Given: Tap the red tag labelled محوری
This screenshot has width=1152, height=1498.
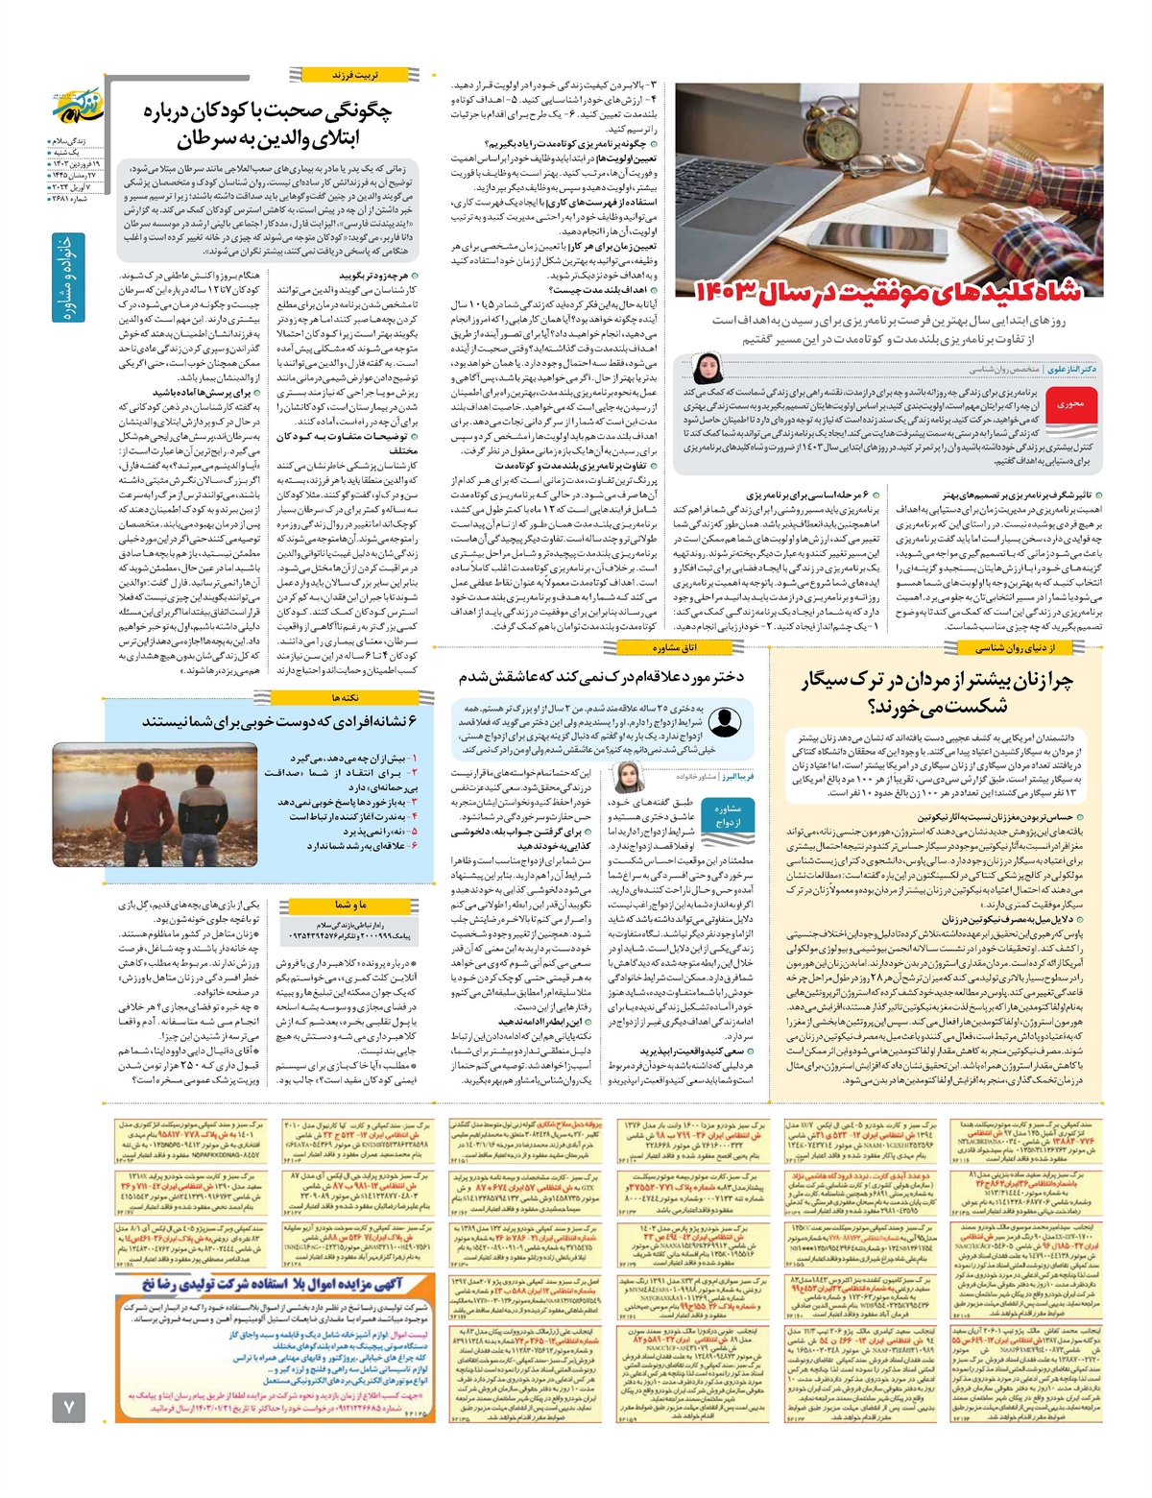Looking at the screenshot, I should [1068, 405].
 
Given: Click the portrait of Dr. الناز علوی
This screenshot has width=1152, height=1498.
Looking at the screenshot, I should [708, 369].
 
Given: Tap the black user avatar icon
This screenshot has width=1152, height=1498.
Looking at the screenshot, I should [723, 721].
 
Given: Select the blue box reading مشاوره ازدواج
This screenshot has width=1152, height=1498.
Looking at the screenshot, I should [728, 815].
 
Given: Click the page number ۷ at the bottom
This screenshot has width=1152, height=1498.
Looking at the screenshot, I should [69, 1406].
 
